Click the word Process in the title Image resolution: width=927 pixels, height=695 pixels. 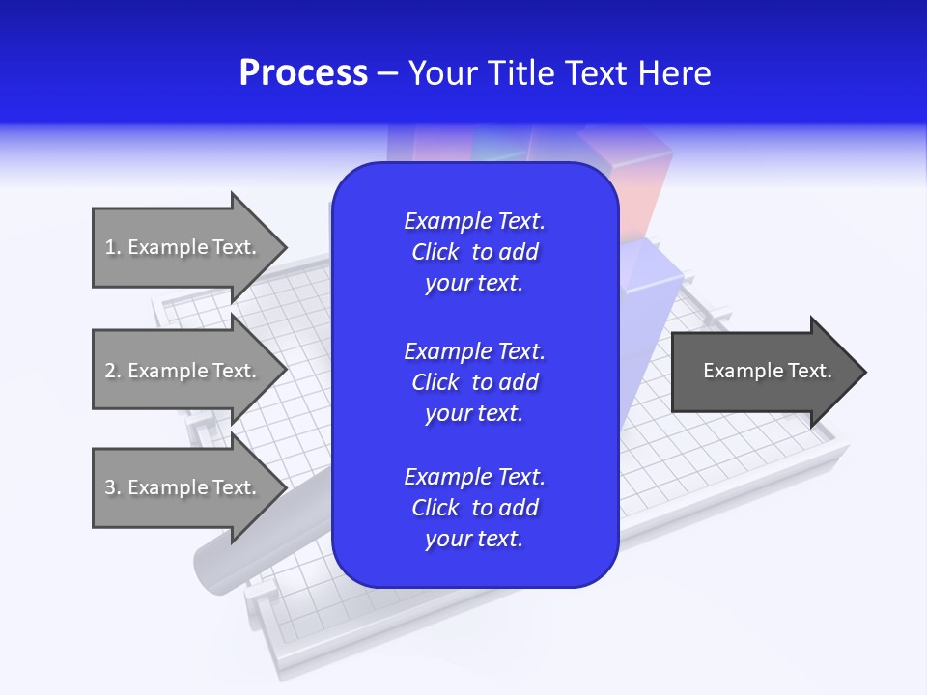point(303,73)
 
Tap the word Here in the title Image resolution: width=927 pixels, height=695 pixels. point(674,73)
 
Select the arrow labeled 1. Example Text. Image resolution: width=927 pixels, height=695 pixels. point(183,247)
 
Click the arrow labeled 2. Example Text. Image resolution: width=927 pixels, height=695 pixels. point(183,371)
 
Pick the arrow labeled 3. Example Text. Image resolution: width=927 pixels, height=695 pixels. point(183,487)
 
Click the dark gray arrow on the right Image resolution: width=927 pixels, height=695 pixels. point(763,372)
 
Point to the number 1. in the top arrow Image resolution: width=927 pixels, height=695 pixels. point(113,247)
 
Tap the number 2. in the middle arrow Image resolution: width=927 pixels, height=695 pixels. point(113,371)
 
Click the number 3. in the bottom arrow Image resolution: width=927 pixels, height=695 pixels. point(113,487)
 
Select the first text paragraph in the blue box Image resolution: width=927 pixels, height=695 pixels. point(474,252)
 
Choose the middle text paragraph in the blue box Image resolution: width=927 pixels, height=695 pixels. point(474,381)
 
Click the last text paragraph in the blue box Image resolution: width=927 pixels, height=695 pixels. point(474,508)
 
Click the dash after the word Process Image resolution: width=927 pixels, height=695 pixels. point(388,73)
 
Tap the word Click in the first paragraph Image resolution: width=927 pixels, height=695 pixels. point(435,252)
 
